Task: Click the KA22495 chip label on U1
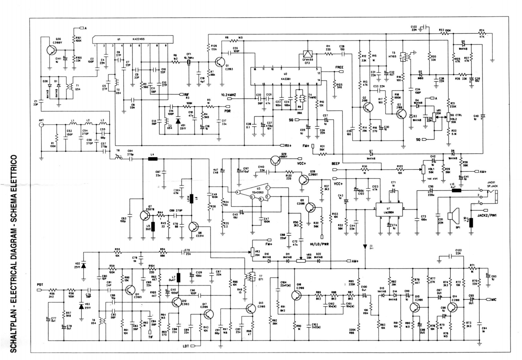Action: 138,39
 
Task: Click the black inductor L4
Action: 152,158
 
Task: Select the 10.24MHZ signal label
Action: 228,95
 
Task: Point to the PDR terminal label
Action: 228,111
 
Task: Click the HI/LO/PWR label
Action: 319,244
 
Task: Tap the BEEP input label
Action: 336,164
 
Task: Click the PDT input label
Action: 40,285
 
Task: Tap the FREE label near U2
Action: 339,67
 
